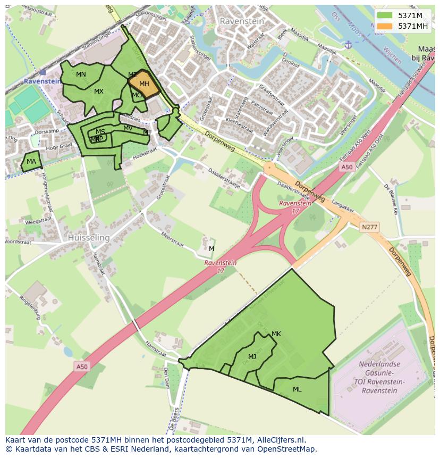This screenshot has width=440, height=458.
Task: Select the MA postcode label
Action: pyautogui.click(x=31, y=162)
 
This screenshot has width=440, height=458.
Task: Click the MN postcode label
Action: pyautogui.click(x=81, y=74)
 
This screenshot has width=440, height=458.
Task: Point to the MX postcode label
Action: pyautogui.click(x=99, y=91)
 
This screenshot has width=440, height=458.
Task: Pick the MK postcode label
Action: pyautogui.click(x=276, y=334)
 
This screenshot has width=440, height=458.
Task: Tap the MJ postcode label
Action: pyautogui.click(x=252, y=356)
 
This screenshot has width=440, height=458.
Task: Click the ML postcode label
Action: pyautogui.click(x=297, y=389)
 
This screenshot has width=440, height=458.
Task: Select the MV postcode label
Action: pyautogui.click(x=128, y=128)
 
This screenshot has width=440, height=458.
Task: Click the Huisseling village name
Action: pyautogui.click(x=89, y=238)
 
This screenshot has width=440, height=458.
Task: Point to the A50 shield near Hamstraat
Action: pyautogui.click(x=82, y=367)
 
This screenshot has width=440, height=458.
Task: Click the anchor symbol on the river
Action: pyautogui.click(x=348, y=45)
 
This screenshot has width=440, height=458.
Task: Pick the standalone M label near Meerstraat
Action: pyautogui.click(x=211, y=249)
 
